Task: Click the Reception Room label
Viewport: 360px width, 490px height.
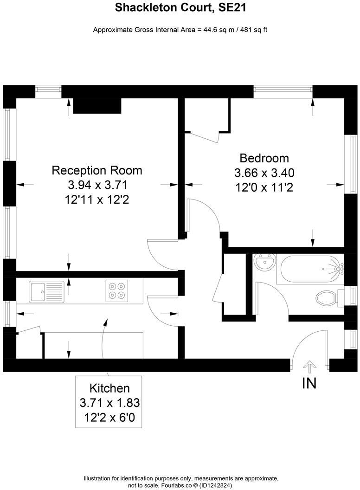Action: [x=96, y=170]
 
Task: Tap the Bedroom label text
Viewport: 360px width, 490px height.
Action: [x=264, y=158]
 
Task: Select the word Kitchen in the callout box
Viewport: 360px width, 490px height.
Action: [x=109, y=388]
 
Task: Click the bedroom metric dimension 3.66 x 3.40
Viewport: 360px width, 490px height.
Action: [x=264, y=173]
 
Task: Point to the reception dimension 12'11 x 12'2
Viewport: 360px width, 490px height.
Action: [x=96, y=200]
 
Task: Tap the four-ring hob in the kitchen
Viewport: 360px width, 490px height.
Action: [x=116, y=290]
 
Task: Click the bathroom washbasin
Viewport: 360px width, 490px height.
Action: [x=264, y=263]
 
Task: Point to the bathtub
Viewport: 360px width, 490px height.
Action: [x=310, y=269]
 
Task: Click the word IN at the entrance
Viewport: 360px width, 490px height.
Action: [x=309, y=384]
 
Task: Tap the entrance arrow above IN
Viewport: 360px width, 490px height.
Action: [x=309, y=366]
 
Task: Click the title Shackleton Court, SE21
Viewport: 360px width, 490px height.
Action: [x=180, y=7]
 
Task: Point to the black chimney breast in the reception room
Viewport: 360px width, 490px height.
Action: [x=97, y=106]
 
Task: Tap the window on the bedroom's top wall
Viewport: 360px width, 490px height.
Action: [x=283, y=91]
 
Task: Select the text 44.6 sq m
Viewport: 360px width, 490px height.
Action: [x=213, y=30]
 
